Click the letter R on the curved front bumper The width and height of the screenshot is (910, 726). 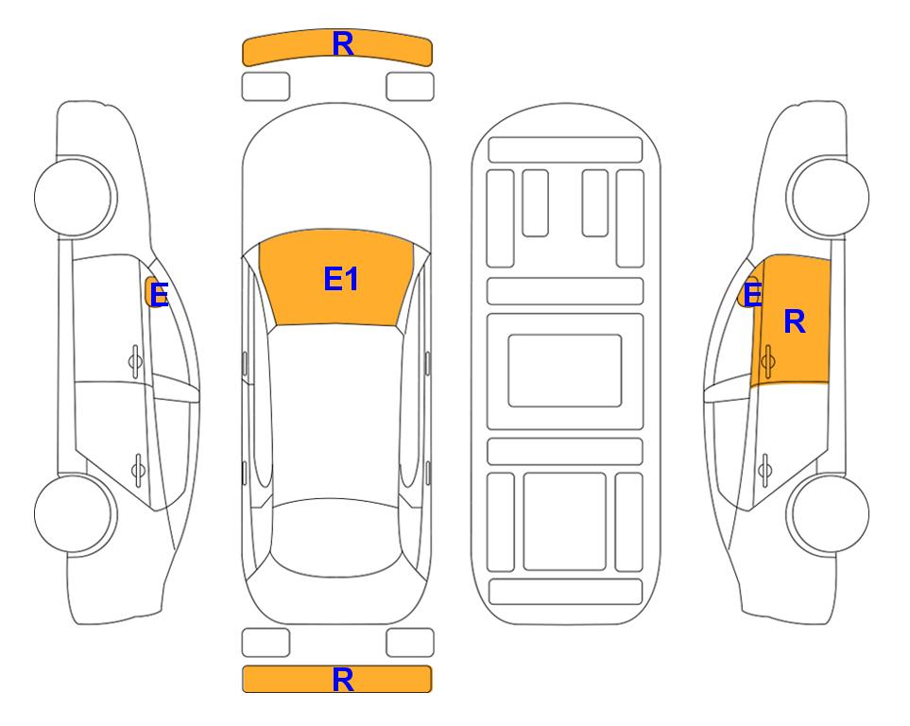[x=343, y=44]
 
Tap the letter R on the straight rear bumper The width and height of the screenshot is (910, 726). [x=343, y=680]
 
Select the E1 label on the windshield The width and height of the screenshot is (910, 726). [x=341, y=279]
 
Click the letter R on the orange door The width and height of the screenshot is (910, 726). [x=795, y=321]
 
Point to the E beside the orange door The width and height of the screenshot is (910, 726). [x=753, y=295]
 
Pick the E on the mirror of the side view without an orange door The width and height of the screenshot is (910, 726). [x=159, y=295]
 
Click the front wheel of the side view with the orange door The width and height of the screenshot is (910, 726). [x=828, y=197]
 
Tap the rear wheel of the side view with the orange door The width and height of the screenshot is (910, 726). [x=828, y=513]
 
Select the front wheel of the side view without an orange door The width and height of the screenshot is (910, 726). [x=76, y=197]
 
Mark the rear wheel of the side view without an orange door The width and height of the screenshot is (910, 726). [x=76, y=513]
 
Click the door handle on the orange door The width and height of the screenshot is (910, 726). [x=768, y=361]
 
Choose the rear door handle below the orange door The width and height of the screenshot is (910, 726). [x=765, y=470]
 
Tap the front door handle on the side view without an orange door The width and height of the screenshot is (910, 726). [x=135, y=361]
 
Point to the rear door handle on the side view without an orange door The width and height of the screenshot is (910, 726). [x=138, y=470]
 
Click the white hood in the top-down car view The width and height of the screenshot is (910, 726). [x=336, y=174]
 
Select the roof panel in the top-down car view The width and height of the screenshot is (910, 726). [x=336, y=412]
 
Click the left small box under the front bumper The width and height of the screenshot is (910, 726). [x=266, y=87]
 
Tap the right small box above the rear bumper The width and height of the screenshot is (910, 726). [x=410, y=643]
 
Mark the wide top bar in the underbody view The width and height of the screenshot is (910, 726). [x=565, y=150]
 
